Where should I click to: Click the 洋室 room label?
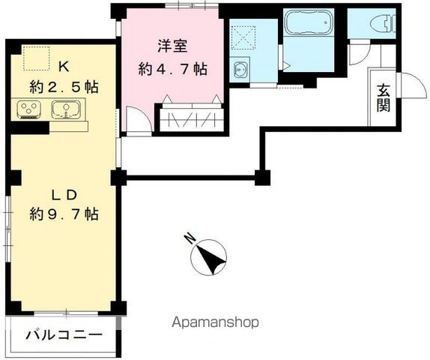click(x=172, y=46)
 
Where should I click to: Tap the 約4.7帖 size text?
click(x=172, y=68)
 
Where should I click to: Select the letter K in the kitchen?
click(x=64, y=64)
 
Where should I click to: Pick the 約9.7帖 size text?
click(x=64, y=214)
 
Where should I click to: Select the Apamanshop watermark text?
click(x=216, y=322)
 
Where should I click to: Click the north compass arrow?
click(x=211, y=258)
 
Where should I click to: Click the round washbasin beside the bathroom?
click(x=241, y=71)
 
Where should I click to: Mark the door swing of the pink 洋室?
click(x=137, y=120)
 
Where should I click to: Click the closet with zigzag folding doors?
click(x=190, y=119)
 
